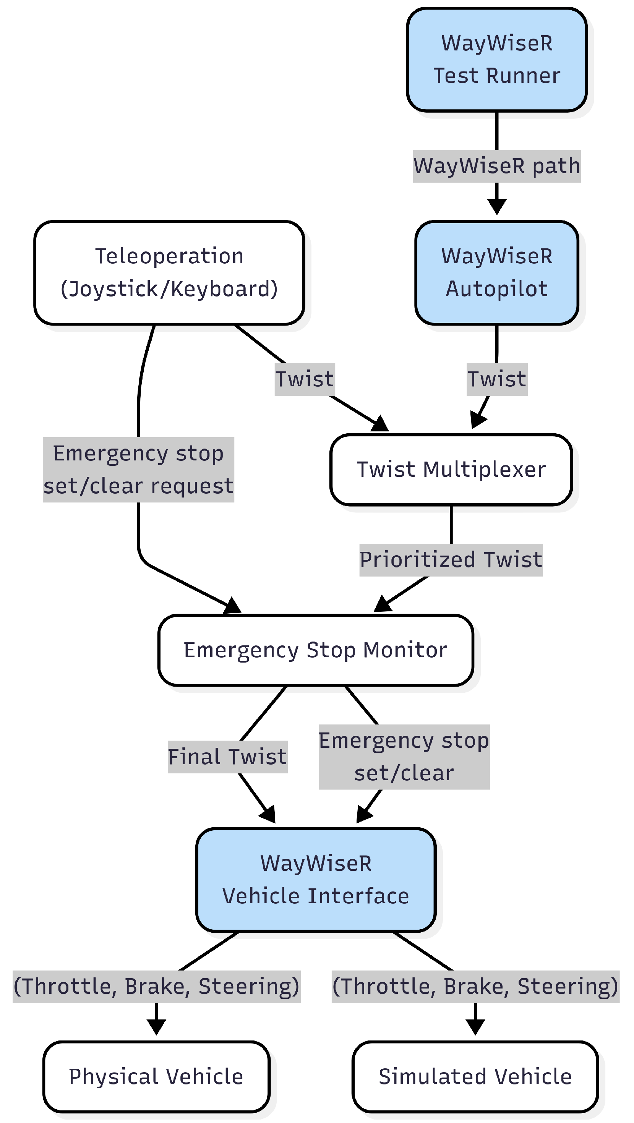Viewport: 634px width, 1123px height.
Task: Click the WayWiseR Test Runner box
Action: (x=497, y=59)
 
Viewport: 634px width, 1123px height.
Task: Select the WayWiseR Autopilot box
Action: (x=497, y=272)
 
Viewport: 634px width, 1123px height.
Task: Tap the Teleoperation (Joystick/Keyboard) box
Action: (x=169, y=272)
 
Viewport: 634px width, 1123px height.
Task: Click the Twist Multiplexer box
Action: (x=451, y=470)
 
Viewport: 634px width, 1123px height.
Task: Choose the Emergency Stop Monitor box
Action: (x=315, y=650)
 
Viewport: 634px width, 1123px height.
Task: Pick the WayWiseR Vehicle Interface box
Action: (x=316, y=879)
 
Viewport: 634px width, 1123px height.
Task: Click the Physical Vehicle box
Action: (x=156, y=1076)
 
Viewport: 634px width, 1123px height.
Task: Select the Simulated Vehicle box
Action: (x=475, y=1076)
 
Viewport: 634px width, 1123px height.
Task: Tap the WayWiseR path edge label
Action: (x=497, y=166)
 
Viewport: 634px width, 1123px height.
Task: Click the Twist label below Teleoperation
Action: (x=304, y=379)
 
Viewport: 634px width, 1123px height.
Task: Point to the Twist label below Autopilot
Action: (x=497, y=379)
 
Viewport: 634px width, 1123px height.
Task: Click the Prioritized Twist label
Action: (x=451, y=560)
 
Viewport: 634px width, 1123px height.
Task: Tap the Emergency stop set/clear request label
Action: (x=138, y=470)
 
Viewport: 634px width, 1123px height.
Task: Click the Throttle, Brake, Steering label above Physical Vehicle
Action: (x=156, y=987)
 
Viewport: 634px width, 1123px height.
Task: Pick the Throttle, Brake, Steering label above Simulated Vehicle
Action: (x=475, y=987)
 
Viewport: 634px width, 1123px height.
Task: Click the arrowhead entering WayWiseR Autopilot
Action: (x=497, y=207)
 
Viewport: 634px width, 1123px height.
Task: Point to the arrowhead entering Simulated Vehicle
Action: (x=475, y=1027)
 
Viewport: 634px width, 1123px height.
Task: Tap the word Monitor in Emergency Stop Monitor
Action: (x=405, y=650)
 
